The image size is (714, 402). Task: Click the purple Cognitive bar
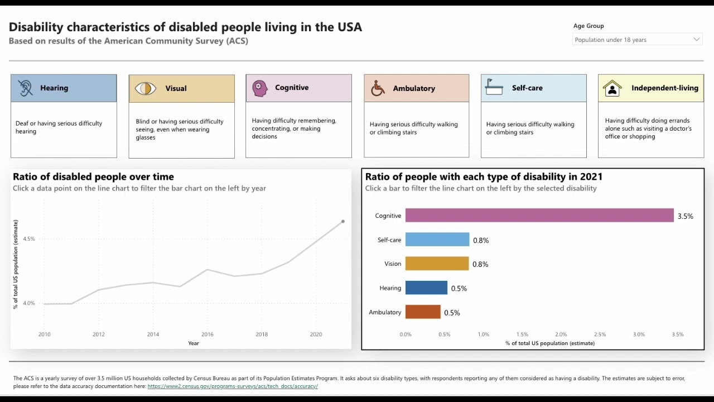coord(539,216)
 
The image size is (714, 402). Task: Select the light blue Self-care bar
coord(437,240)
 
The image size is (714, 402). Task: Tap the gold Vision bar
coord(437,264)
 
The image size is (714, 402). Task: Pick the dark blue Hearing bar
coord(426,288)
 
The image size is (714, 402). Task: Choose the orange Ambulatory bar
coord(423,312)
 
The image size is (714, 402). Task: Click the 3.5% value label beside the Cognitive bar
coord(685,216)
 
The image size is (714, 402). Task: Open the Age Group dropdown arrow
coord(696,40)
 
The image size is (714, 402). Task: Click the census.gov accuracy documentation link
coord(233,386)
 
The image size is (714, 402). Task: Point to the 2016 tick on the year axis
coord(207,334)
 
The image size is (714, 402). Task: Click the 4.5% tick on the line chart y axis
coord(28,239)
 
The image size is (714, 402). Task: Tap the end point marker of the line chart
coord(343,222)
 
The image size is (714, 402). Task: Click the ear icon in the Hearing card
coord(25,88)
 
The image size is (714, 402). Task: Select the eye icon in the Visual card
coord(145,88)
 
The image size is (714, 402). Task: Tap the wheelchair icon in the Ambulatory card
coord(378,88)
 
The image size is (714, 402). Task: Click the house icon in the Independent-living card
coord(612,88)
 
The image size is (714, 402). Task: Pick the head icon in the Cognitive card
coord(259,88)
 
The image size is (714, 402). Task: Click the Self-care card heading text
coord(527,88)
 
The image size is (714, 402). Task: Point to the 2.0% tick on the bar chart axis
coord(561,334)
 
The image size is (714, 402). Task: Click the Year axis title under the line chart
coord(193,343)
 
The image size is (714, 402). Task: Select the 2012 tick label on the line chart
coord(98,334)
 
